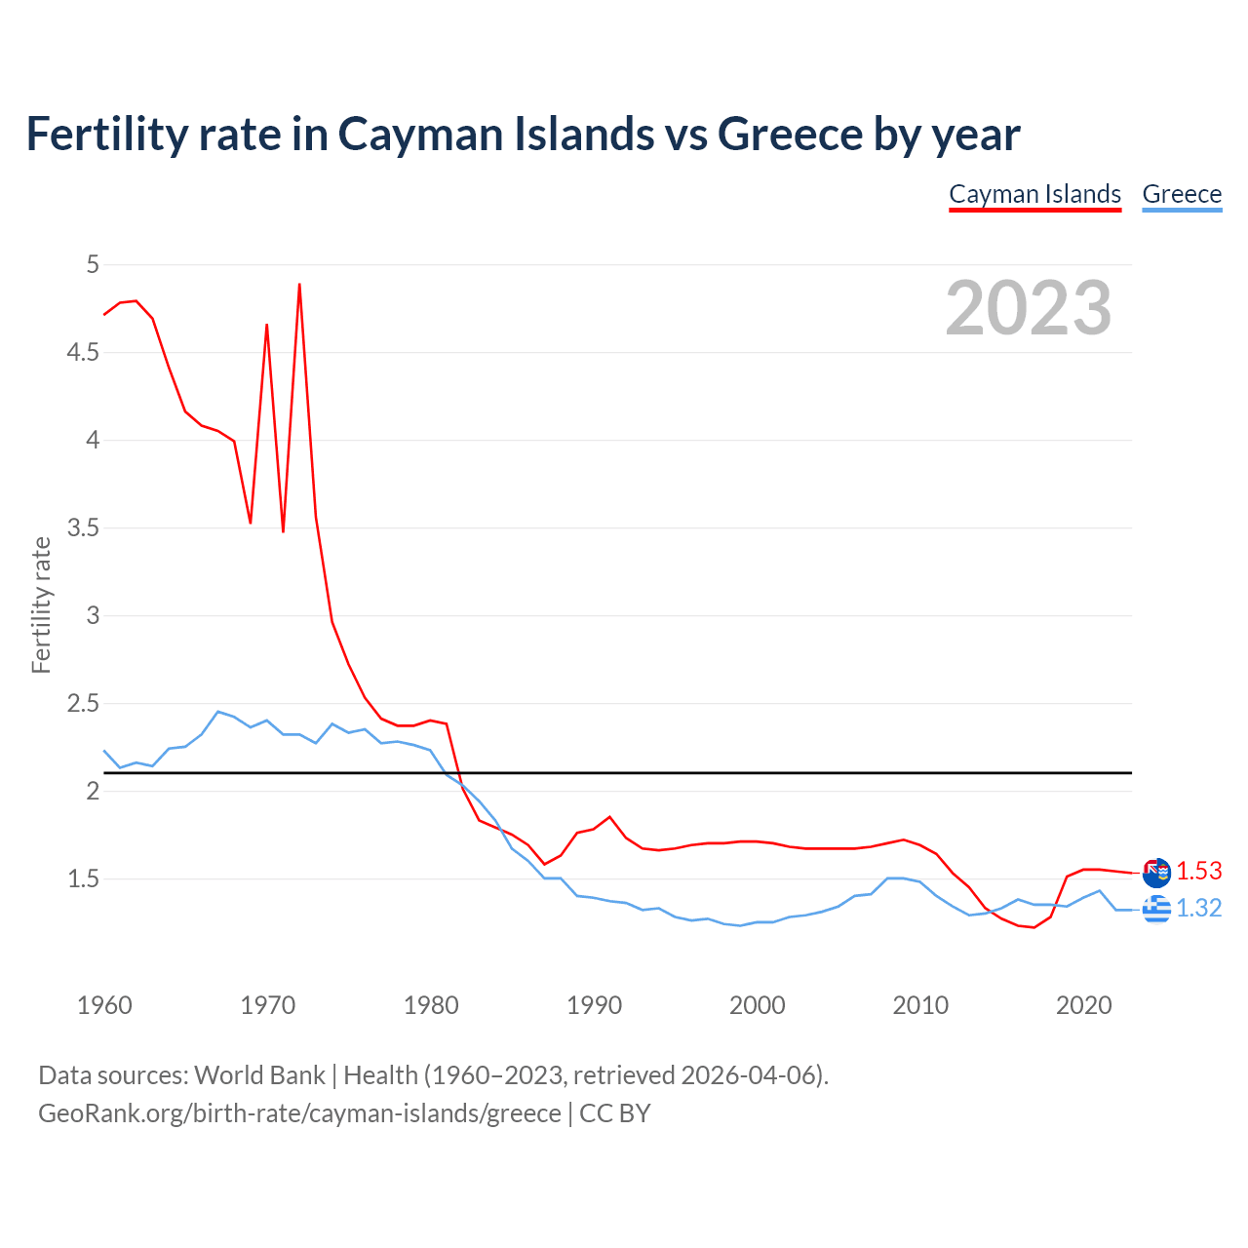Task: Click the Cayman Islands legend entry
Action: tap(1034, 194)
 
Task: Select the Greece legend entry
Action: tap(1182, 194)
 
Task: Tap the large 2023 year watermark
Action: tap(1029, 308)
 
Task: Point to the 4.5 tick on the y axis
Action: tap(83, 352)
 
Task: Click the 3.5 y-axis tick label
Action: tap(83, 527)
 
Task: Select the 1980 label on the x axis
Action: tap(431, 1005)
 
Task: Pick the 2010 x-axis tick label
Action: tap(920, 1005)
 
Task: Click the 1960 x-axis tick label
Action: tap(104, 1005)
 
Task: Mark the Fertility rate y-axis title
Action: tap(41, 604)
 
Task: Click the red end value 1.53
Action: tap(1198, 871)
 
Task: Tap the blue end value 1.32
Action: tap(1198, 908)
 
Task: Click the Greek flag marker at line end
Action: tap(1156, 909)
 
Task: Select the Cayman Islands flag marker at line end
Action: tap(1156, 873)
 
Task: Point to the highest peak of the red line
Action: tap(299, 285)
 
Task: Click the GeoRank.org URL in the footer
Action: tap(299, 1112)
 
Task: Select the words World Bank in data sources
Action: tap(259, 1074)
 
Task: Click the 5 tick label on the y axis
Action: tap(93, 264)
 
